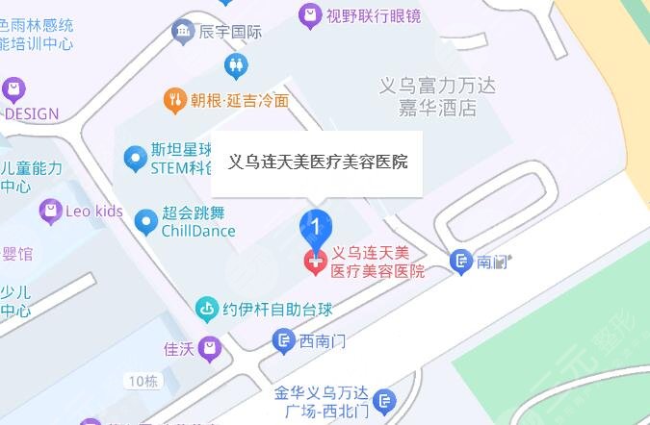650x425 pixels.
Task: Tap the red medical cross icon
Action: pyautogui.click(x=315, y=262)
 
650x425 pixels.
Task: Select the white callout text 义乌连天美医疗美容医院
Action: pyautogui.click(x=317, y=162)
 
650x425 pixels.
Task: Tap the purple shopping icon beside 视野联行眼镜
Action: pyautogui.click(x=309, y=14)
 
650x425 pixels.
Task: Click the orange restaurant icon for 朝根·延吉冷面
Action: pyautogui.click(x=175, y=99)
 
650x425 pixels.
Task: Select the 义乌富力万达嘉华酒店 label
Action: pyautogui.click(x=438, y=96)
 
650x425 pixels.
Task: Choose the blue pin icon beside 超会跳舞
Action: pyautogui.click(x=145, y=222)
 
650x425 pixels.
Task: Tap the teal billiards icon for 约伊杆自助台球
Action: pyautogui.click(x=207, y=310)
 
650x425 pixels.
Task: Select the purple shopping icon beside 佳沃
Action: pyautogui.click(x=211, y=350)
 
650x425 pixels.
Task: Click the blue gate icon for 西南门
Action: pyautogui.click(x=283, y=339)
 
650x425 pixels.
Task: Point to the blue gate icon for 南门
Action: pyautogui.click(x=462, y=261)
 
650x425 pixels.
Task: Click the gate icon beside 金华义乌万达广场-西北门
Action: pyautogui.click(x=383, y=402)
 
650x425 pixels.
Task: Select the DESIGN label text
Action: pyautogui.click(x=32, y=113)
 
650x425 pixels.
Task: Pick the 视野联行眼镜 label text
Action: pyautogui.click(x=360, y=14)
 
